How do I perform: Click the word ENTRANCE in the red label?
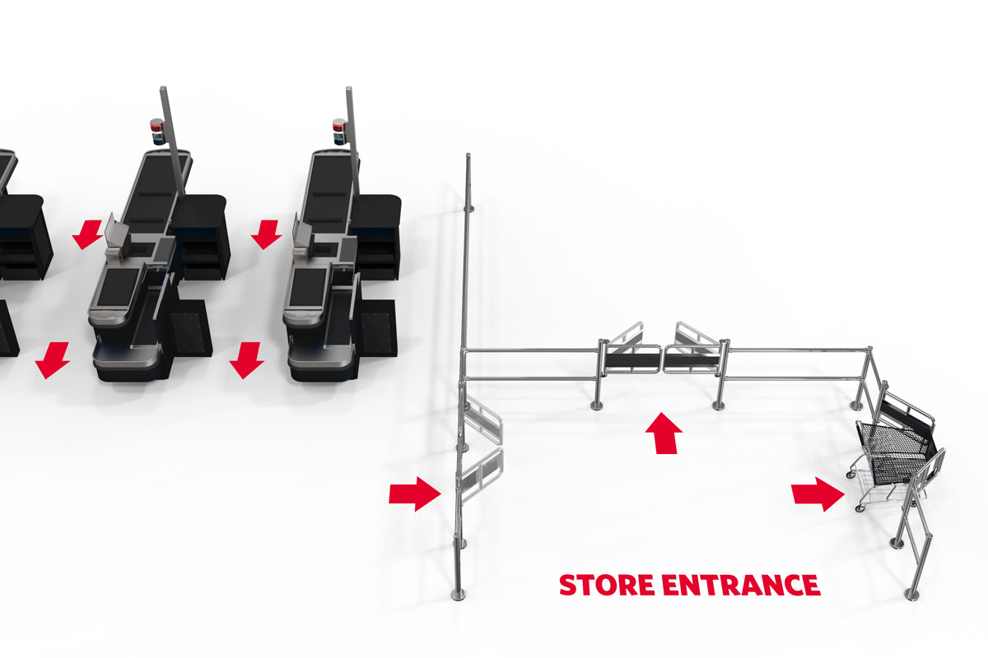(x=741, y=585)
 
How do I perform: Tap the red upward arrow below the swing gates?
(x=664, y=433)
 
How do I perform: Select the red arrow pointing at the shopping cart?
(x=818, y=494)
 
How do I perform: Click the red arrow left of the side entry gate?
(x=415, y=494)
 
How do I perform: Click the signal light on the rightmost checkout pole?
(x=339, y=132)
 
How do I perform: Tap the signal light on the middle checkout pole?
(x=157, y=132)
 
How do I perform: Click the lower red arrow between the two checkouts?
(x=246, y=360)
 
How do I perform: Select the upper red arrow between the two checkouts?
(x=267, y=234)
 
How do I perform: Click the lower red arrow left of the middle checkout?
(x=53, y=360)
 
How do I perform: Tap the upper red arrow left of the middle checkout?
(x=87, y=234)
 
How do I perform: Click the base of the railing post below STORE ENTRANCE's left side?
(x=459, y=595)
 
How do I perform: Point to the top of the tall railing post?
(x=468, y=155)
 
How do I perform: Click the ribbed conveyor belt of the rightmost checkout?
(x=308, y=287)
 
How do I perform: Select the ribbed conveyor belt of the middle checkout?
(x=118, y=287)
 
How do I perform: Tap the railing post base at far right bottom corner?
(x=911, y=595)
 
